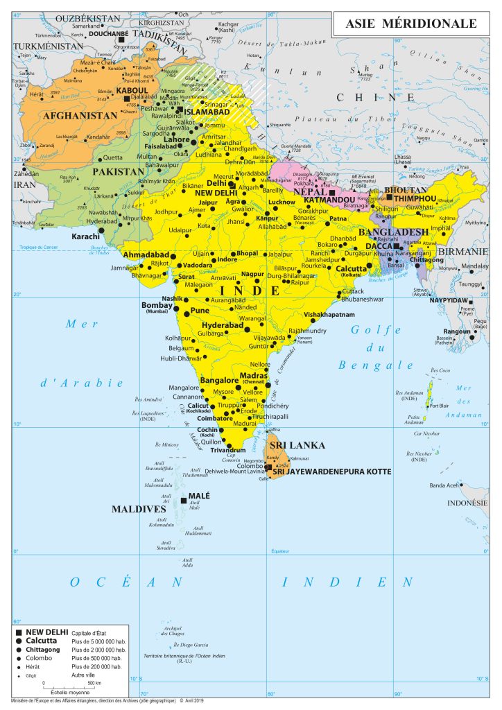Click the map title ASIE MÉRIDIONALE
pyautogui.click(x=412, y=24)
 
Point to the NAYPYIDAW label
pyautogui.click(x=449, y=300)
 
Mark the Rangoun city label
pyautogui.click(x=458, y=331)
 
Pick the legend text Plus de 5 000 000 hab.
pyautogui.click(x=98, y=643)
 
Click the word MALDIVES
pyautogui.click(x=139, y=509)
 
